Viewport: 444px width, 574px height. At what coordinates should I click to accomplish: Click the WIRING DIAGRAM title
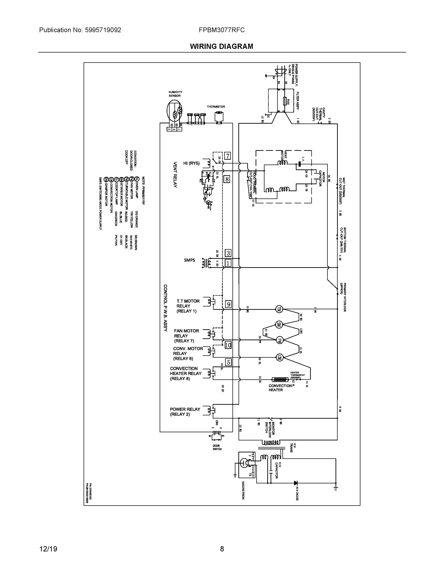click(x=221, y=47)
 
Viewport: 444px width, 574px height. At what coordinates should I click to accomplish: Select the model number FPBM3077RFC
click(x=222, y=30)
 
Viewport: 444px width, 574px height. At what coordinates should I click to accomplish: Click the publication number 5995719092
click(x=103, y=30)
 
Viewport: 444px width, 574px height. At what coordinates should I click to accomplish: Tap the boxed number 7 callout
click(x=228, y=156)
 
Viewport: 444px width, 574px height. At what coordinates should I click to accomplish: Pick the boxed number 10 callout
click(x=228, y=345)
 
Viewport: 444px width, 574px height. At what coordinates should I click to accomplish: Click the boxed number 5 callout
click(x=229, y=362)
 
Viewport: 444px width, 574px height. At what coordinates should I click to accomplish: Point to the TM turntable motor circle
click(x=279, y=309)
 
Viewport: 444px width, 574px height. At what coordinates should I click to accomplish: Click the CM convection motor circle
click(x=279, y=357)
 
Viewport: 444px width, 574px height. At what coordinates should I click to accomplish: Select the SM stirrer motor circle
click(x=279, y=325)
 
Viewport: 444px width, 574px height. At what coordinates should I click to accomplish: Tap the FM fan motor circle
click(x=279, y=340)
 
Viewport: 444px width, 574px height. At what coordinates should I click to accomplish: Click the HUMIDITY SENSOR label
click(x=175, y=94)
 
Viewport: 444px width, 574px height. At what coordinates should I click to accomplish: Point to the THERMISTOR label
click(x=216, y=107)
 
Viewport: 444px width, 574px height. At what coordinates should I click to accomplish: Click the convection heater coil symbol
click(x=280, y=380)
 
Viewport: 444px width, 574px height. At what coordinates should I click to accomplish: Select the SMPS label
click(x=189, y=260)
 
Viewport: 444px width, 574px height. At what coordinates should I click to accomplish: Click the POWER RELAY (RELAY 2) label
click(x=185, y=412)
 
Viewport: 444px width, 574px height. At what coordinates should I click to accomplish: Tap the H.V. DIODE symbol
click(x=295, y=483)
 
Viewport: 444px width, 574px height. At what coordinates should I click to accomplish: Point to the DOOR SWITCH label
click(x=217, y=447)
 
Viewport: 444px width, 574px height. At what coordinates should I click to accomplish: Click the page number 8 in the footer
click(x=222, y=549)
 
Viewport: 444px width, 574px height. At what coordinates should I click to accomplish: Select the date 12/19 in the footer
click(x=48, y=549)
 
